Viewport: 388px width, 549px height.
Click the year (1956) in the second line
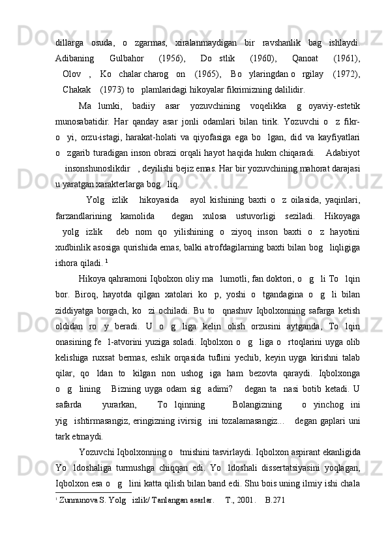(172, 57)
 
